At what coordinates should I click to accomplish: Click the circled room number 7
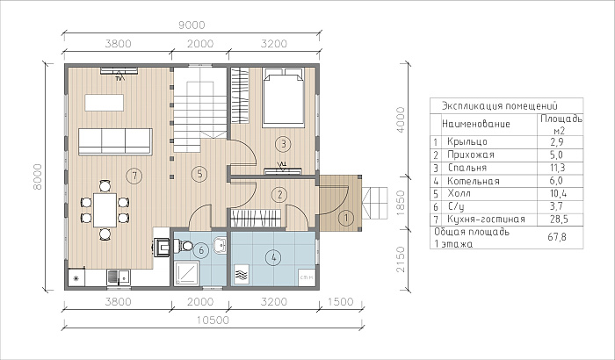134,176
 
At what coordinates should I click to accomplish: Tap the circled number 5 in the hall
199,173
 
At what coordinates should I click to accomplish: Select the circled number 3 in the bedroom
283,144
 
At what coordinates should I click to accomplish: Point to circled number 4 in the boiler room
273,257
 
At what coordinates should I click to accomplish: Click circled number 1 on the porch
346,218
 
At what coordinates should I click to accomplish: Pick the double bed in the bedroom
283,97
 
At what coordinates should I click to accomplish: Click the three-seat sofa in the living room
115,141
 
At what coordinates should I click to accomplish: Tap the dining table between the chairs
105,210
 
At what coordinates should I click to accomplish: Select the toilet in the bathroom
183,246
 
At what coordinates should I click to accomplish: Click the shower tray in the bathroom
186,273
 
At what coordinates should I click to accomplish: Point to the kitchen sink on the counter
119,277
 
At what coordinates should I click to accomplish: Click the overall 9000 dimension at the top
192,25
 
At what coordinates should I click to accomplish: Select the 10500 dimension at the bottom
213,320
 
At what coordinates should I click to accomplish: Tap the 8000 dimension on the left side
37,176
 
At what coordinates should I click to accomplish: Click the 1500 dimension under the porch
341,302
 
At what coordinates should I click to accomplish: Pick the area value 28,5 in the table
559,220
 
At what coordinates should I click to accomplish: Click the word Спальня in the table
467,168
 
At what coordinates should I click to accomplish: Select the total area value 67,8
557,237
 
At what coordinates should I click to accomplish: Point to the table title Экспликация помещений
500,106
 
